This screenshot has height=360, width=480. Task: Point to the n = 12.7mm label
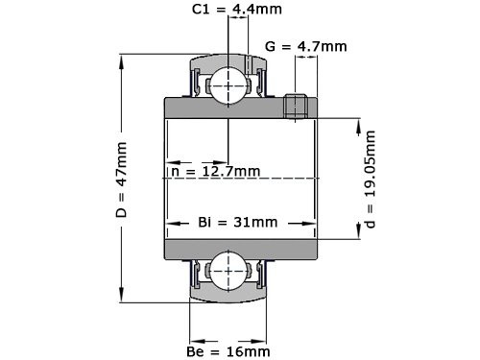tap(215, 171)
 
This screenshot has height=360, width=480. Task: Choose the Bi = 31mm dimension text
tap(237, 222)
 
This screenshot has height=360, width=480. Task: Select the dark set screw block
tap(297, 106)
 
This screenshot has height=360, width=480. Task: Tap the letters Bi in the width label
tap(204, 222)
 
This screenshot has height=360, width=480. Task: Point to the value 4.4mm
tap(244, 12)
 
